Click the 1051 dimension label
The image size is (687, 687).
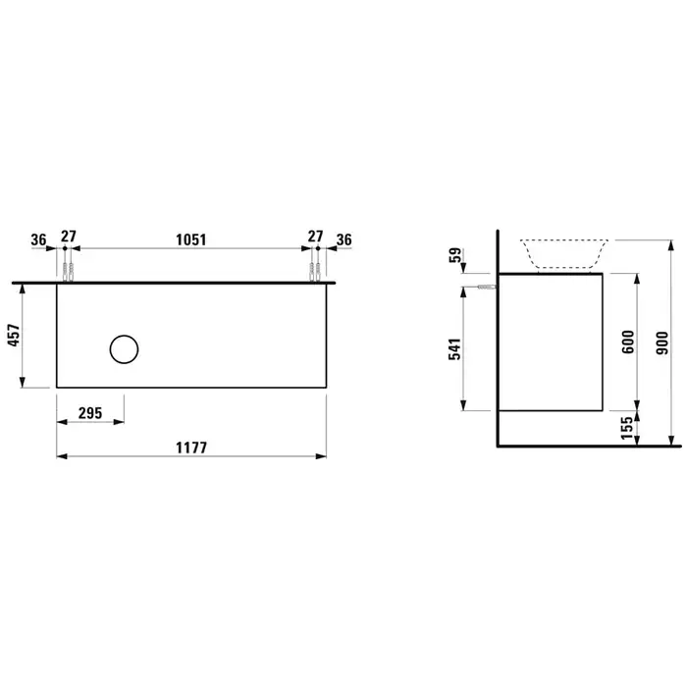191,239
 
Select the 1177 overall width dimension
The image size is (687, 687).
191,448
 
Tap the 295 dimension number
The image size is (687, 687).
90,413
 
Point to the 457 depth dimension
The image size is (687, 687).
14,336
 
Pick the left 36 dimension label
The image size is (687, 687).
38,239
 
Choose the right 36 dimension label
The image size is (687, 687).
343,239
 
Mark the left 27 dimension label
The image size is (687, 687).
69,237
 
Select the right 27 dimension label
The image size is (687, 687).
315,237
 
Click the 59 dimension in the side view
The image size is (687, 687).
456,255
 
